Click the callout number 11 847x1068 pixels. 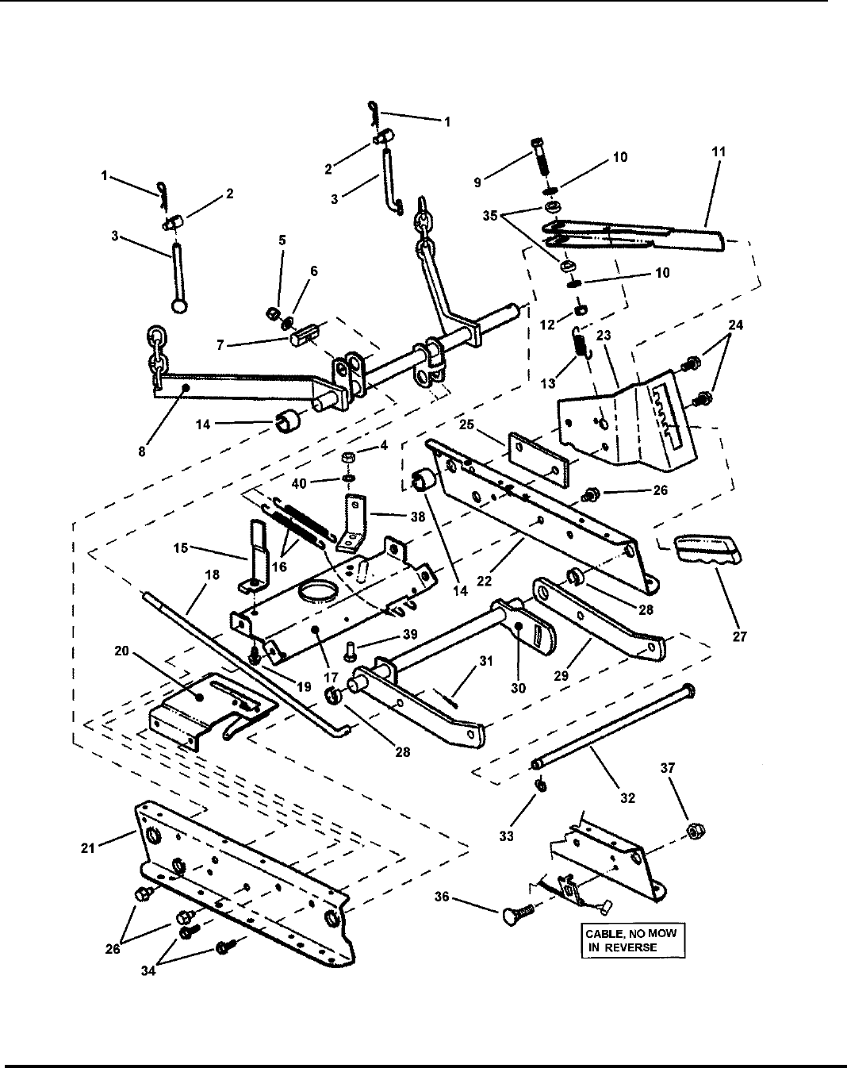pyautogui.click(x=719, y=152)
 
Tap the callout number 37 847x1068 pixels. pyautogui.click(x=668, y=768)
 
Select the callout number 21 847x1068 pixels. pyautogui.click(x=88, y=848)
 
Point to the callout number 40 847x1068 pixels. pyautogui.click(x=299, y=483)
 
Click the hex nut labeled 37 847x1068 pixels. pyautogui.click(x=696, y=829)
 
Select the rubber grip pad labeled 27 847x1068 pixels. pyautogui.click(x=708, y=549)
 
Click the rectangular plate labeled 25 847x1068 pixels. pyautogui.click(x=541, y=459)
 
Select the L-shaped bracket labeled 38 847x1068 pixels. pyautogui.click(x=353, y=524)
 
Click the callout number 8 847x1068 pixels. pyautogui.click(x=142, y=451)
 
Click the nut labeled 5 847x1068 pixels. pyautogui.click(x=272, y=313)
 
